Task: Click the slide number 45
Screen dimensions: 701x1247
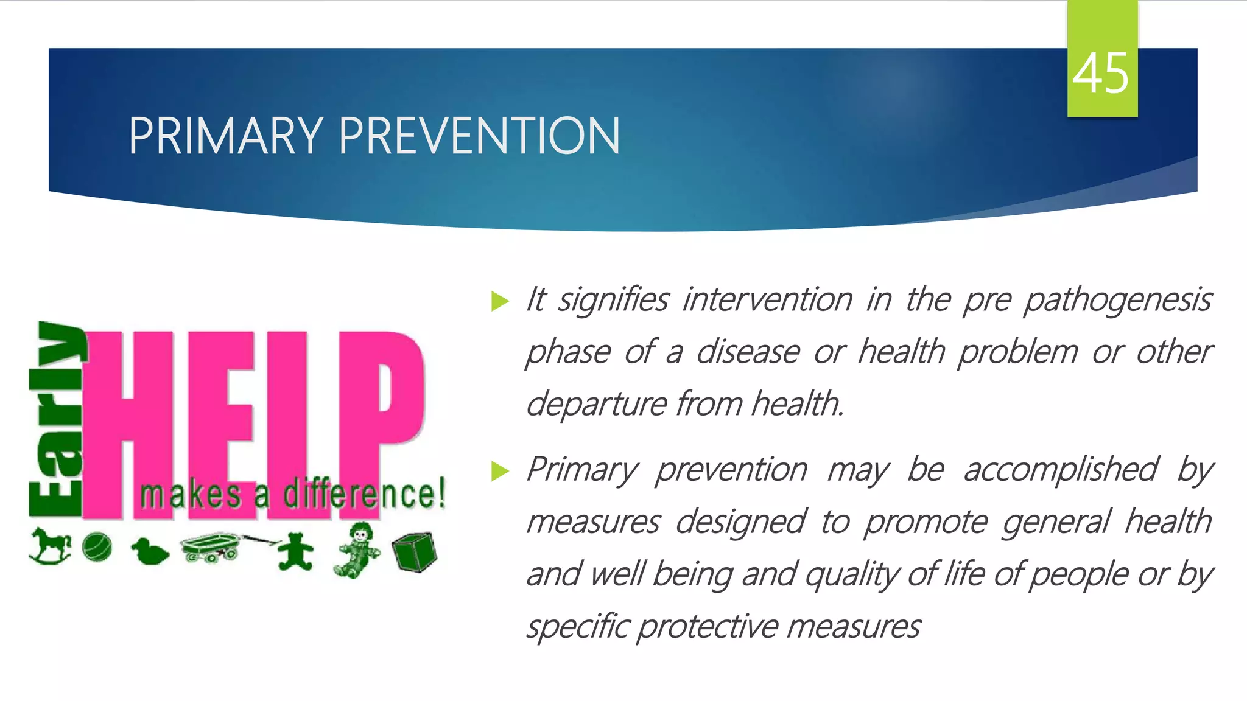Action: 1101,74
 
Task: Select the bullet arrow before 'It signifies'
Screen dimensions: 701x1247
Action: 500,301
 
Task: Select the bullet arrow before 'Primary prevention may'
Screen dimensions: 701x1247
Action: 500,470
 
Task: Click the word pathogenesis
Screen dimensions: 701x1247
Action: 1117,301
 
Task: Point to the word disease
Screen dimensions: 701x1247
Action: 748,352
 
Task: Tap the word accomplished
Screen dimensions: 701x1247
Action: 1060,470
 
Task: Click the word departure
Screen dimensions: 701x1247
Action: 596,404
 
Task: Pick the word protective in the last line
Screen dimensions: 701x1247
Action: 709,627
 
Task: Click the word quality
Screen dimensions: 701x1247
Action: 850,575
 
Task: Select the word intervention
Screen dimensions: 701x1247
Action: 767,301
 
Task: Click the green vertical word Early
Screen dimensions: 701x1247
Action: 56,420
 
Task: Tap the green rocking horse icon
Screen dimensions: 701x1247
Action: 50,545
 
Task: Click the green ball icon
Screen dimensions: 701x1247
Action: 97,546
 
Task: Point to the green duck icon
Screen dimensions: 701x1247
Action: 149,551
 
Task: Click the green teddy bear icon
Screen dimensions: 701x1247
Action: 295,551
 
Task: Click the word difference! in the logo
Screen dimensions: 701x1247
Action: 364,494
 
